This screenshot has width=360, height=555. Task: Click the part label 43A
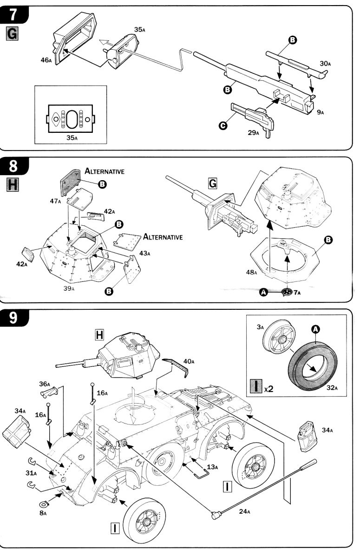click(144, 253)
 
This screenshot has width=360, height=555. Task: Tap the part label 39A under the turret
click(69, 288)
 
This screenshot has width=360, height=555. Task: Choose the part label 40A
click(189, 361)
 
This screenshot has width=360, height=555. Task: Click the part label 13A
click(213, 467)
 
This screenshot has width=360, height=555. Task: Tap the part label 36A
click(44, 384)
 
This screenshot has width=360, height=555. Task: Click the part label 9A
click(320, 112)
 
